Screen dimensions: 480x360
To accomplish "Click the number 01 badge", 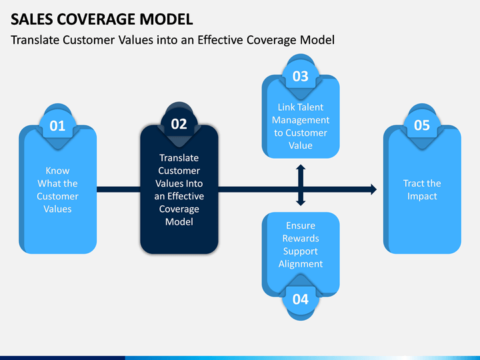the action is coord(57,126).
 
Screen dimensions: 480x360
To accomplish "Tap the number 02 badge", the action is coord(179,124).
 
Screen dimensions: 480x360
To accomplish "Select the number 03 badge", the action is coord(301,76).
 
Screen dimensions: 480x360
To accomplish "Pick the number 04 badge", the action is coord(301,299).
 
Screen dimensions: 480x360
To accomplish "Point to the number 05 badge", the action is coord(422,125).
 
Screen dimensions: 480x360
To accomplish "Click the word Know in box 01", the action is coord(57,171).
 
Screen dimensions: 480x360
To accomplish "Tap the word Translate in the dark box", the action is coord(179,157).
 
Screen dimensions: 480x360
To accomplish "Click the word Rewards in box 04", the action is coord(301,238).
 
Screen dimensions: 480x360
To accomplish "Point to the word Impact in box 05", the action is coord(422,196).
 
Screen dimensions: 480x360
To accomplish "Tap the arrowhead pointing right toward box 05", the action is coord(374,189).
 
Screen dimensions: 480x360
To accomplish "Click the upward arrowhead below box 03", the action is coord(301,167).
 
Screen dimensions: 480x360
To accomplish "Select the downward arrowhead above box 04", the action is coord(301,203).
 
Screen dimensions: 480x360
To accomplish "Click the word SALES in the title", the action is coord(31,19).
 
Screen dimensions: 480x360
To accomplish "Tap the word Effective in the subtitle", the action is coord(221,40).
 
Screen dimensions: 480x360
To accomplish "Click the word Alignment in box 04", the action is coord(301,264).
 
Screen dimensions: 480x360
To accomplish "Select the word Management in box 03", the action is coord(301,120).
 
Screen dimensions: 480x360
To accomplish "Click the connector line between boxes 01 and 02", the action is coord(119,189).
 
